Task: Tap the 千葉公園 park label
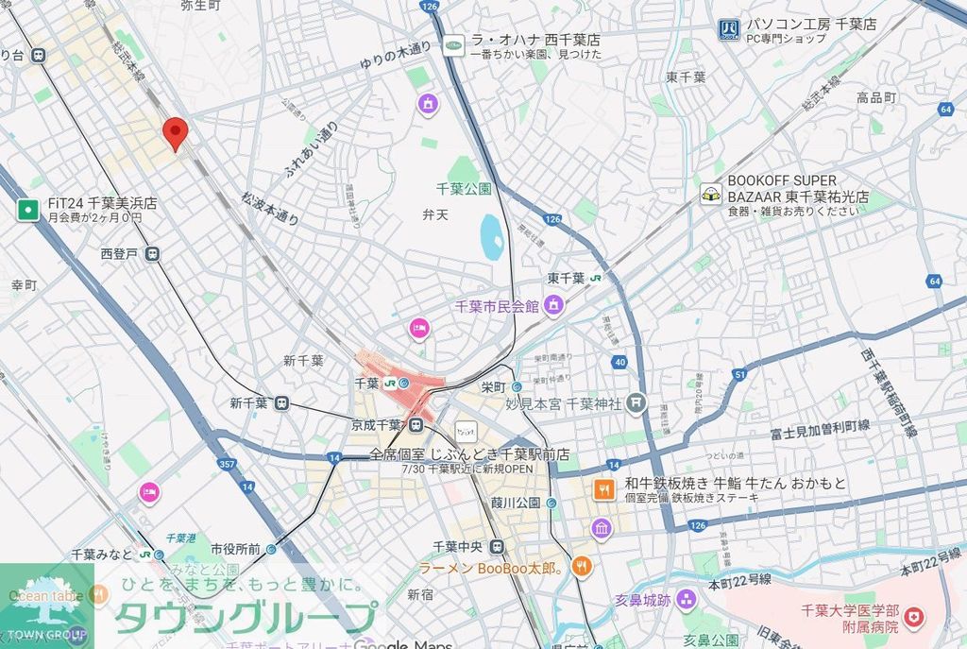pos(464,189)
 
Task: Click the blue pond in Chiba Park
pos(491,237)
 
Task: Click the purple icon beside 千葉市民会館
pos(553,305)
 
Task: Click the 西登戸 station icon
pos(152,253)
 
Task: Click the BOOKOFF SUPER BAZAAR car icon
pos(710,195)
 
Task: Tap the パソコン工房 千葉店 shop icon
pos(728,30)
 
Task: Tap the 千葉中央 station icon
pos(497,547)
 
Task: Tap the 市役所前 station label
pos(235,548)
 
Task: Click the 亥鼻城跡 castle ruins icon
pos(686,599)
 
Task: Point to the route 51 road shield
pos(739,375)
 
